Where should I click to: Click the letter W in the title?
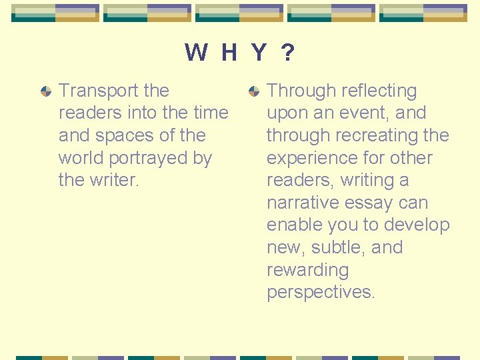(196, 52)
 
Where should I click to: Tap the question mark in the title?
(287, 52)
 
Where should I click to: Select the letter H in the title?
(229, 52)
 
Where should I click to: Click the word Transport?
(99, 91)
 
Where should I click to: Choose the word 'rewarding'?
(307, 270)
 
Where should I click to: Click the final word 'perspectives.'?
(321, 293)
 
